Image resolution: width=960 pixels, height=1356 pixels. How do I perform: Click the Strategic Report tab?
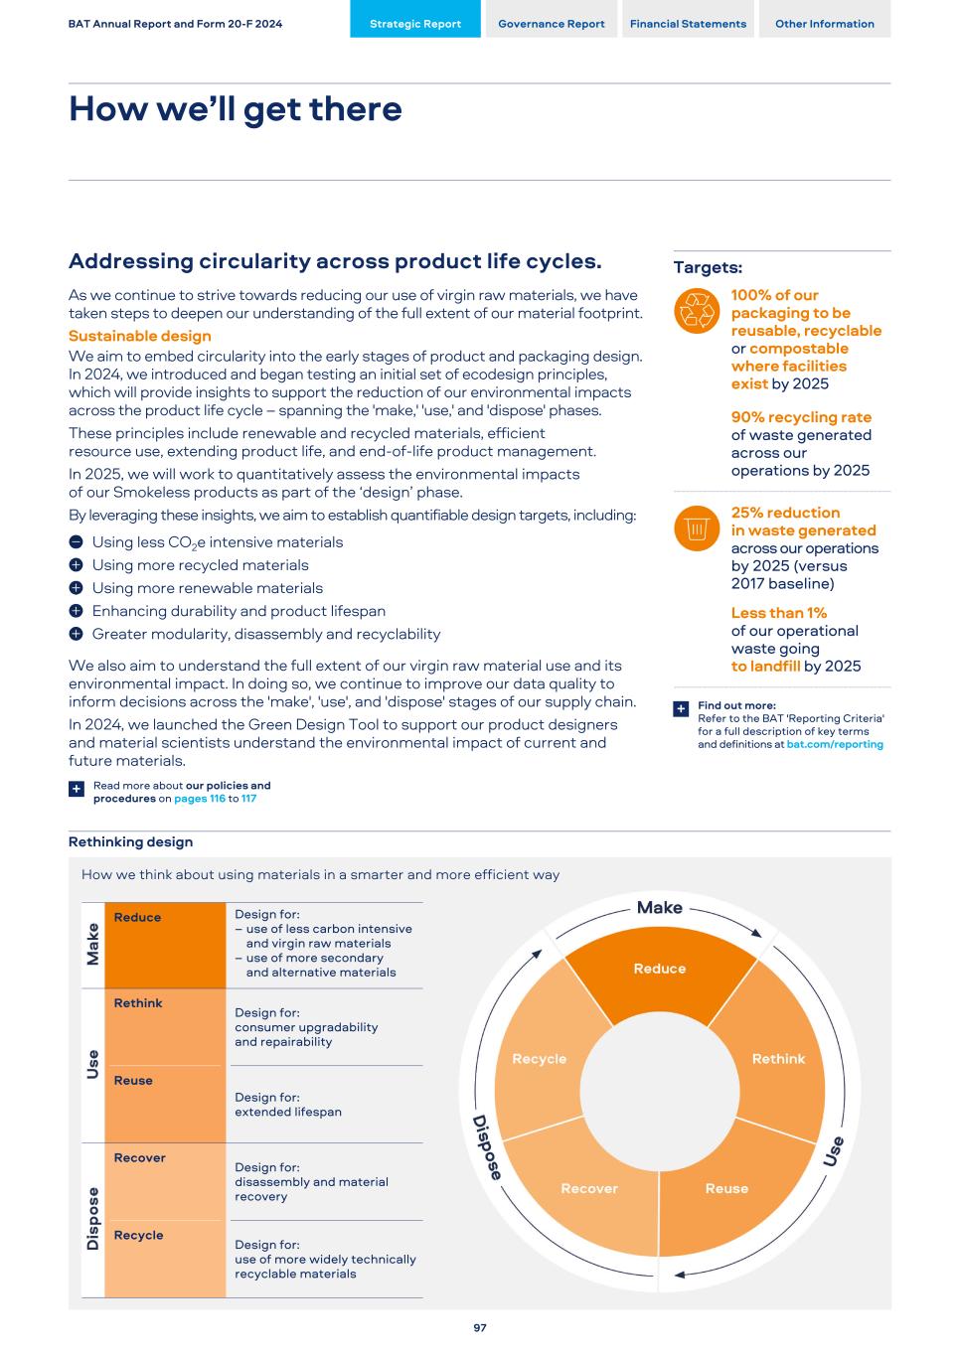click(x=415, y=24)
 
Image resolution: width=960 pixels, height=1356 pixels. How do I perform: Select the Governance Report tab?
click(x=551, y=24)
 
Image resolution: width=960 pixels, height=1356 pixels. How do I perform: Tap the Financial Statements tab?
click(x=688, y=24)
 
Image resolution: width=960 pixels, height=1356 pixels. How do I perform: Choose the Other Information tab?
click(x=825, y=24)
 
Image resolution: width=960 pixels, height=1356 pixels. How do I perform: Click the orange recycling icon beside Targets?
click(x=696, y=310)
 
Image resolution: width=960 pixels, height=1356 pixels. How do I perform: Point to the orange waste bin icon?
click(x=696, y=527)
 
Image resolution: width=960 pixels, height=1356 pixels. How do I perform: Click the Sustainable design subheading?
click(x=139, y=336)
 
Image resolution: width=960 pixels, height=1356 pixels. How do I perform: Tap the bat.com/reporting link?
click(x=835, y=744)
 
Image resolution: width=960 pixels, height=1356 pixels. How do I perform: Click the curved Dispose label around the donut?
click(x=487, y=1147)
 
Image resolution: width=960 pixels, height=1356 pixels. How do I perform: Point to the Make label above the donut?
click(x=660, y=907)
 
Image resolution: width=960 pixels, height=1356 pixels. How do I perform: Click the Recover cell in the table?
click(x=164, y=1181)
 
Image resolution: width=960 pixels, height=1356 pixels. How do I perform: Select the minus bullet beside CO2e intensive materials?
click(x=76, y=542)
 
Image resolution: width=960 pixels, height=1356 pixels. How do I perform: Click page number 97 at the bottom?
click(x=480, y=1328)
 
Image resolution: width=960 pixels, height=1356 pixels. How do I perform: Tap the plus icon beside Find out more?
click(x=681, y=708)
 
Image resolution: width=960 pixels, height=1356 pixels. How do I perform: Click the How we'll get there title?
click(x=236, y=108)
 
